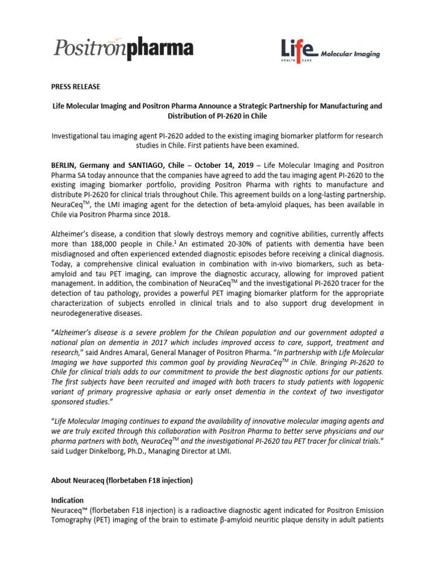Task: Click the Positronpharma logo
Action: pyautogui.click(x=123, y=48)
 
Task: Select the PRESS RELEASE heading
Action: pyautogui.click(x=76, y=87)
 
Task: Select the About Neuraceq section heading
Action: pyautogui.click(x=122, y=481)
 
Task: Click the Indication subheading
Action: pyautogui.click(x=67, y=500)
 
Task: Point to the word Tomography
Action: pyautogui.click(x=75, y=521)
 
